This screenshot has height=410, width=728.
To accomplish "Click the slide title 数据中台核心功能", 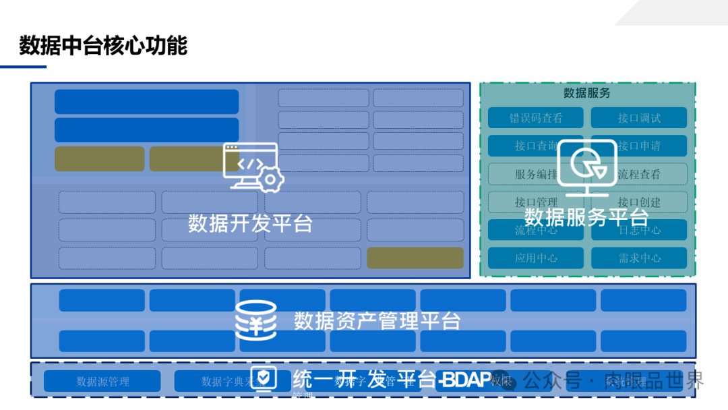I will tap(103, 46).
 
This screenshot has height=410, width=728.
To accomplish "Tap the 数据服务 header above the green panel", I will tap(586, 93).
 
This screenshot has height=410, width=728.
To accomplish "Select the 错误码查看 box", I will tap(536, 118).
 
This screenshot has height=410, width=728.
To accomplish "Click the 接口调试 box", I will tap(639, 118).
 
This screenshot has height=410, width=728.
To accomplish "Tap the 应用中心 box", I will tap(536, 258).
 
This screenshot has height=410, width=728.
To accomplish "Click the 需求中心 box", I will tap(639, 258).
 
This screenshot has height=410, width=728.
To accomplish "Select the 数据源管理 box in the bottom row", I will tap(102, 381).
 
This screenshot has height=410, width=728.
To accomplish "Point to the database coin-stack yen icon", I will tap(255, 320).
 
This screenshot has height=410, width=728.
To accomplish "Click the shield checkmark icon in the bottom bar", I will tap(264, 379).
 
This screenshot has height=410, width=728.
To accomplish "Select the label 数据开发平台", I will tap(250, 223).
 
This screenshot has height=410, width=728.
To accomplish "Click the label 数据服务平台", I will tap(586, 217).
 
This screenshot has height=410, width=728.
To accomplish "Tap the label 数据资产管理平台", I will tap(377, 321).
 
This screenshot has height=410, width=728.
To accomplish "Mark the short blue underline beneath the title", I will tap(23, 67).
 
